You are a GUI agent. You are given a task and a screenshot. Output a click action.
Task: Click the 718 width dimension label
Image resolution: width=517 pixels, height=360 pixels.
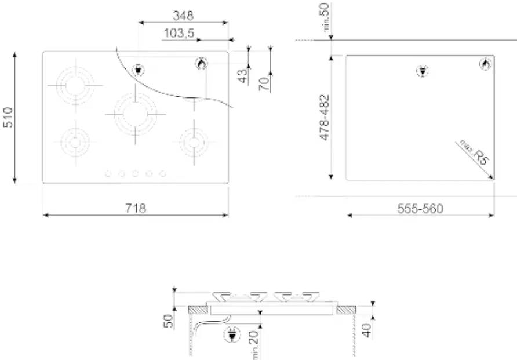click(x=136, y=208)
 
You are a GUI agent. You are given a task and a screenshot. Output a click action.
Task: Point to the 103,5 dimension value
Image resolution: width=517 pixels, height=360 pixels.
click(x=179, y=34)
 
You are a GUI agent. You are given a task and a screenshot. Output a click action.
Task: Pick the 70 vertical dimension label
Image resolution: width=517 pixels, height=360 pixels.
click(x=263, y=82)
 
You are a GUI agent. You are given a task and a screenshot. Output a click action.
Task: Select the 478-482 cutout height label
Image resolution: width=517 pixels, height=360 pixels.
click(x=325, y=117)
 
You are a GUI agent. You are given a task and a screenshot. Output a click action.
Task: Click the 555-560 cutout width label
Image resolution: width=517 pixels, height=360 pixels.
click(x=420, y=209)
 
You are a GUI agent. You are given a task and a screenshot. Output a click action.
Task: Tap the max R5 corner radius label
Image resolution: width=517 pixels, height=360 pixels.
click(x=473, y=152)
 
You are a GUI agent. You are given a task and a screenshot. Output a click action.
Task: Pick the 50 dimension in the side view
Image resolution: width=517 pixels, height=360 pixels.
click(x=168, y=321)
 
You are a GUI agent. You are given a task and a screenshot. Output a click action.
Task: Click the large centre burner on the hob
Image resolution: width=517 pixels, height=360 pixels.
click(x=135, y=113)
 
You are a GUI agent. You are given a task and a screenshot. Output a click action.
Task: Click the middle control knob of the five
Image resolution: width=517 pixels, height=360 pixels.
click(x=135, y=173)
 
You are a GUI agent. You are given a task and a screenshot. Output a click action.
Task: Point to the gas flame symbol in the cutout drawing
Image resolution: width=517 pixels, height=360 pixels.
click(x=484, y=65)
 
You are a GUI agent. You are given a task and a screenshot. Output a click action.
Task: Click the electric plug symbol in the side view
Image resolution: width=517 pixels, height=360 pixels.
click(x=232, y=334)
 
